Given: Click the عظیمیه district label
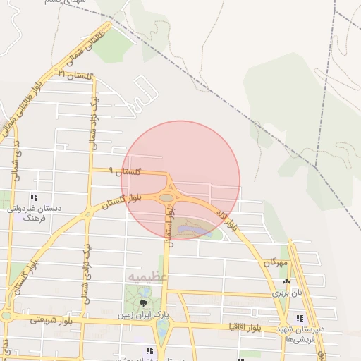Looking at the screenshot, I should coord(147,276).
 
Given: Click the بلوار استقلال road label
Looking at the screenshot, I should coord(169,233).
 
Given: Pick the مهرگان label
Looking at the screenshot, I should coord(276,262).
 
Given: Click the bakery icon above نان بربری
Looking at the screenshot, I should coord(286,281).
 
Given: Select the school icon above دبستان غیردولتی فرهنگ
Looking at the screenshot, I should coord(34,198).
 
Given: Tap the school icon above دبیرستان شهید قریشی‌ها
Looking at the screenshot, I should coord(300,317).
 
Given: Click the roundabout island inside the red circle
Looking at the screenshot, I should coord(166,197).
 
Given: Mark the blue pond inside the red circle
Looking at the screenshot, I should coord(189,229).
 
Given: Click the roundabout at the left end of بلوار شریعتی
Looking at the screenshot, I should coord(5,315).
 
